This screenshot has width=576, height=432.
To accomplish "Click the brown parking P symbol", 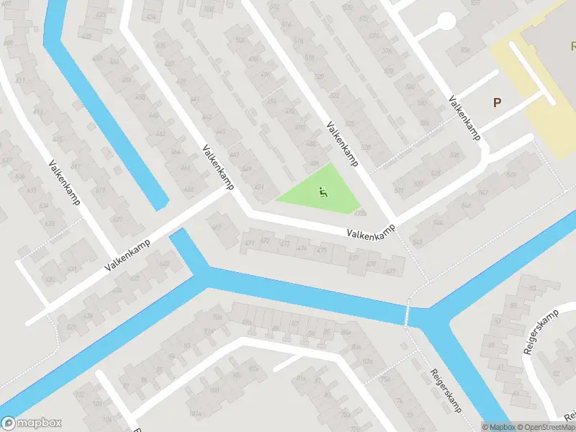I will coord(497,102).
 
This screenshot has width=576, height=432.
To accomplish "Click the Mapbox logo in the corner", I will coord(32,423).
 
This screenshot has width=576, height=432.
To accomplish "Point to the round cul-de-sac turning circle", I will coord(446,22).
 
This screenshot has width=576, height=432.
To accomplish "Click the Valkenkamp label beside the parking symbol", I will coord(464,119).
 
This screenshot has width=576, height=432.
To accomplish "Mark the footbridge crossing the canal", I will coord(407,315).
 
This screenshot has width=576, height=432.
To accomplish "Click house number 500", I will coord(240,40).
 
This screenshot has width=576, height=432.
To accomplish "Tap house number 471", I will coord(250,243).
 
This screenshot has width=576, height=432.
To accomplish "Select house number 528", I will coord(366,148).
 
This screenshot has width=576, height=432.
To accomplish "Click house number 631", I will coord(71,269).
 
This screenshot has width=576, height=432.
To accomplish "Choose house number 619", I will coord(100,190).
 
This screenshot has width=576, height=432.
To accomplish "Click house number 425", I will coord(133,277).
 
